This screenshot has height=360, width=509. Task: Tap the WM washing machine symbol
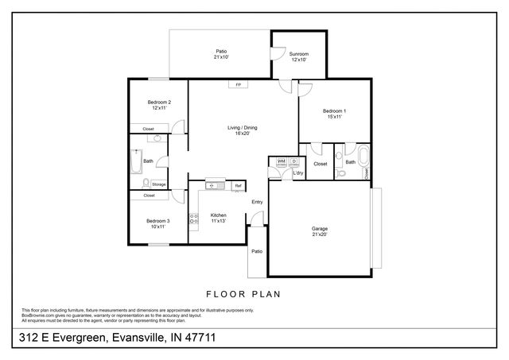tap(281, 161)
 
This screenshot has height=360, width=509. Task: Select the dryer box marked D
tap(293, 161)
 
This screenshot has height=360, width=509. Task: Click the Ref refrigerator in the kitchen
tap(237, 186)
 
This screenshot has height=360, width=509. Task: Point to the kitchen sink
tap(213, 186)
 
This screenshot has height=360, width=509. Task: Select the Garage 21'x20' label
tap(319, 231)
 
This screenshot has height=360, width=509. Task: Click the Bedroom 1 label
tap(334, 113)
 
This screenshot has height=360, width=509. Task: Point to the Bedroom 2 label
tap(159, 105)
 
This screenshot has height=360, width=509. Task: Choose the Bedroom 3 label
tap(157, 223)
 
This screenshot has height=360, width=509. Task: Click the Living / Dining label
tap(243, 130)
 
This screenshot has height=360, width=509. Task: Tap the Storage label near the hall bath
tap(159, 184)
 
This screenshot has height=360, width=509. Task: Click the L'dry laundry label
tap(298, 172)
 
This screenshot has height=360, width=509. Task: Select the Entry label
tap(257, 202)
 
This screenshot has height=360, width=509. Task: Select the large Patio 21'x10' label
tap(221, 53)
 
